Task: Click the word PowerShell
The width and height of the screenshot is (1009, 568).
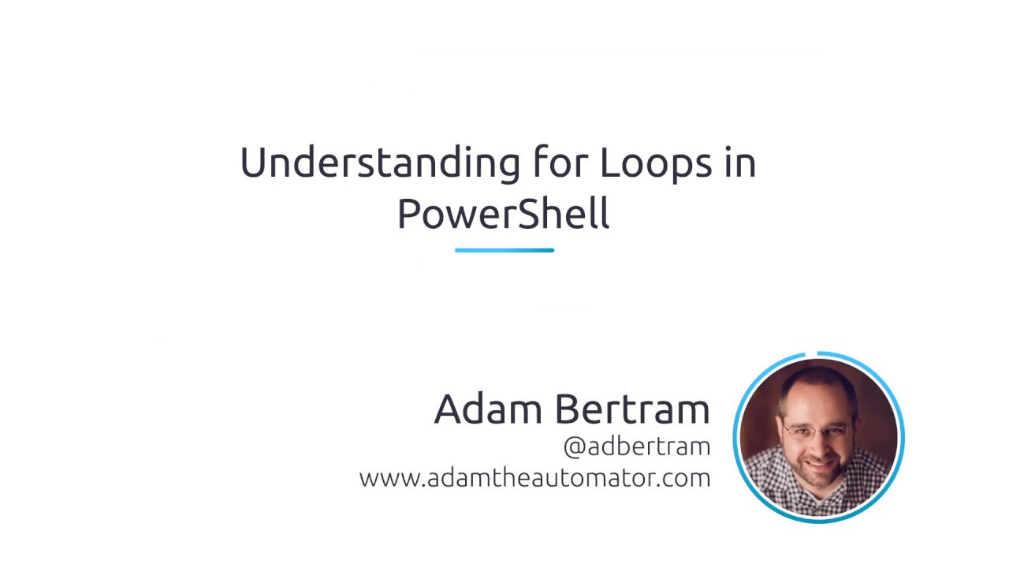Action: pos(503,214)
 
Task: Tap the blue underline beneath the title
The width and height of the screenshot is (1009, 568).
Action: pos(504,250)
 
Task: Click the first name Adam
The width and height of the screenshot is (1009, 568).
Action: pos(488,409)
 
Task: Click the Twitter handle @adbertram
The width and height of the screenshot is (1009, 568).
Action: pos(637,447)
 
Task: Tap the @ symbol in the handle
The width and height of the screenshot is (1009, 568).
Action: pos(574,447)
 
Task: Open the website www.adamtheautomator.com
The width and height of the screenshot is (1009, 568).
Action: pos(534,478)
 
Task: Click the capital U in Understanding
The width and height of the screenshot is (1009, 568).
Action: pos(252,163)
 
